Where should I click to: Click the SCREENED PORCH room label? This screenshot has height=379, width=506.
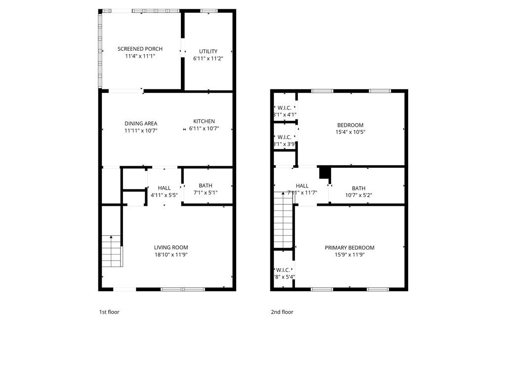(140, 49)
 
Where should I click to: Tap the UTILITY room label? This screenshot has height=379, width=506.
(208, 51)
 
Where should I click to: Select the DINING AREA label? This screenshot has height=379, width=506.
(141, 123)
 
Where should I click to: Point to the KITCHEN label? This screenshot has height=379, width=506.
(204, 121)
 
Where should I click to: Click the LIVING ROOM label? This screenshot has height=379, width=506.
(171, 248)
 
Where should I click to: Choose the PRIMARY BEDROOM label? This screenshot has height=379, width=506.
(349, 248)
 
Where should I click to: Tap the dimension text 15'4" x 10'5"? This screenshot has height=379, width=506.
(350, 132)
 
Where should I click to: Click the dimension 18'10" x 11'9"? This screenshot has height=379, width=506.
(171, 255)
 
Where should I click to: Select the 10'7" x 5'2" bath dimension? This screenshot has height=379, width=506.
(359, 195)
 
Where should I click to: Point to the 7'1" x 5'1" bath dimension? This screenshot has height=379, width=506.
(206, 192)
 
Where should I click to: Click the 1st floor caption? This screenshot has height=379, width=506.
(109, 312)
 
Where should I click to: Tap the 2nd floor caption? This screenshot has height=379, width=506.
(282, 312)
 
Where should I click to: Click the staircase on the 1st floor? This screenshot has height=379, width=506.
(112, 251)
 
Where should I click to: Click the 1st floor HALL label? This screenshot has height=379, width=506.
(164, 188)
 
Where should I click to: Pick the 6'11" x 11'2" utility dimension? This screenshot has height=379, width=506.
(208, 58)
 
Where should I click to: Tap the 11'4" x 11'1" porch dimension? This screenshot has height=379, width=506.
(140, 56)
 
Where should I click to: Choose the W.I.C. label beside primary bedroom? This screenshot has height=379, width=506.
(283, 270)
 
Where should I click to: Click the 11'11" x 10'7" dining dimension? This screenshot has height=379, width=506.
(141, 131)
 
